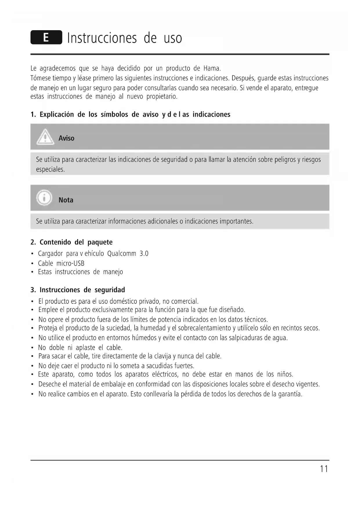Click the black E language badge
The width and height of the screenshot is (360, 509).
point(46,37)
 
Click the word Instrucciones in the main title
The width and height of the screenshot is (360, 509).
point(102,38)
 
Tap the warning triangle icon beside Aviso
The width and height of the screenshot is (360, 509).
point(45,137)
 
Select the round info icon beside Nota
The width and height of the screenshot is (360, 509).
point(44,198)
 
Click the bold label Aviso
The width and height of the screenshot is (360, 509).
point(66,138)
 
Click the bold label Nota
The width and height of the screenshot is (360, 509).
point(66,200)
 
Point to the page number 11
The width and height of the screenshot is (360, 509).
point(324,469)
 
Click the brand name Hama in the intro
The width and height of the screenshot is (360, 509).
point(212,68)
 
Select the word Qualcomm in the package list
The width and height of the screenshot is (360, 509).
point(122,254)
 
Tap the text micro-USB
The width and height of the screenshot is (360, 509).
point(70,263)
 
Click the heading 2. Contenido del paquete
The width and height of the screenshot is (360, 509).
point(72,242)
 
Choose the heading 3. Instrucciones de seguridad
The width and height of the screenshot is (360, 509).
point(78,290)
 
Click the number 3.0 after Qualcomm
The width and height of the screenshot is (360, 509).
point(144,254)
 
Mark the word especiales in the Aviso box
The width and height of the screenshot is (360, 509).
point(50,169)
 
